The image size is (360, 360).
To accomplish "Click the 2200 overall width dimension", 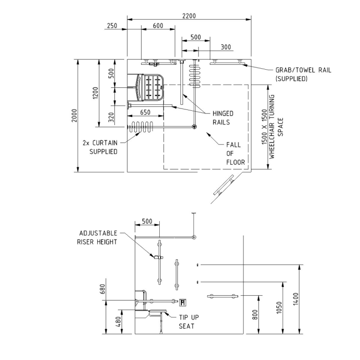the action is (x=189, y=16).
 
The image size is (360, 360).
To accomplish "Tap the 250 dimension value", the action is (x=112, y=26).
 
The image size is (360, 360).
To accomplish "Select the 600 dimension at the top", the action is (x=158, y=26).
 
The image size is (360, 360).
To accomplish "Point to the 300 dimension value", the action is (x=226, y=47).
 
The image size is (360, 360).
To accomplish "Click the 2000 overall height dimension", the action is (x=74, y=116).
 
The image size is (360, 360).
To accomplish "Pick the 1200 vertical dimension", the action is (x=95, y=93).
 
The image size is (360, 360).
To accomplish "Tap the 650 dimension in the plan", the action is (x=145, y=112).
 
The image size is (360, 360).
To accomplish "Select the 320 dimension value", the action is (x=111, y=117).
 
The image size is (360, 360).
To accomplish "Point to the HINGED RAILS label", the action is (x=223, y=118).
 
